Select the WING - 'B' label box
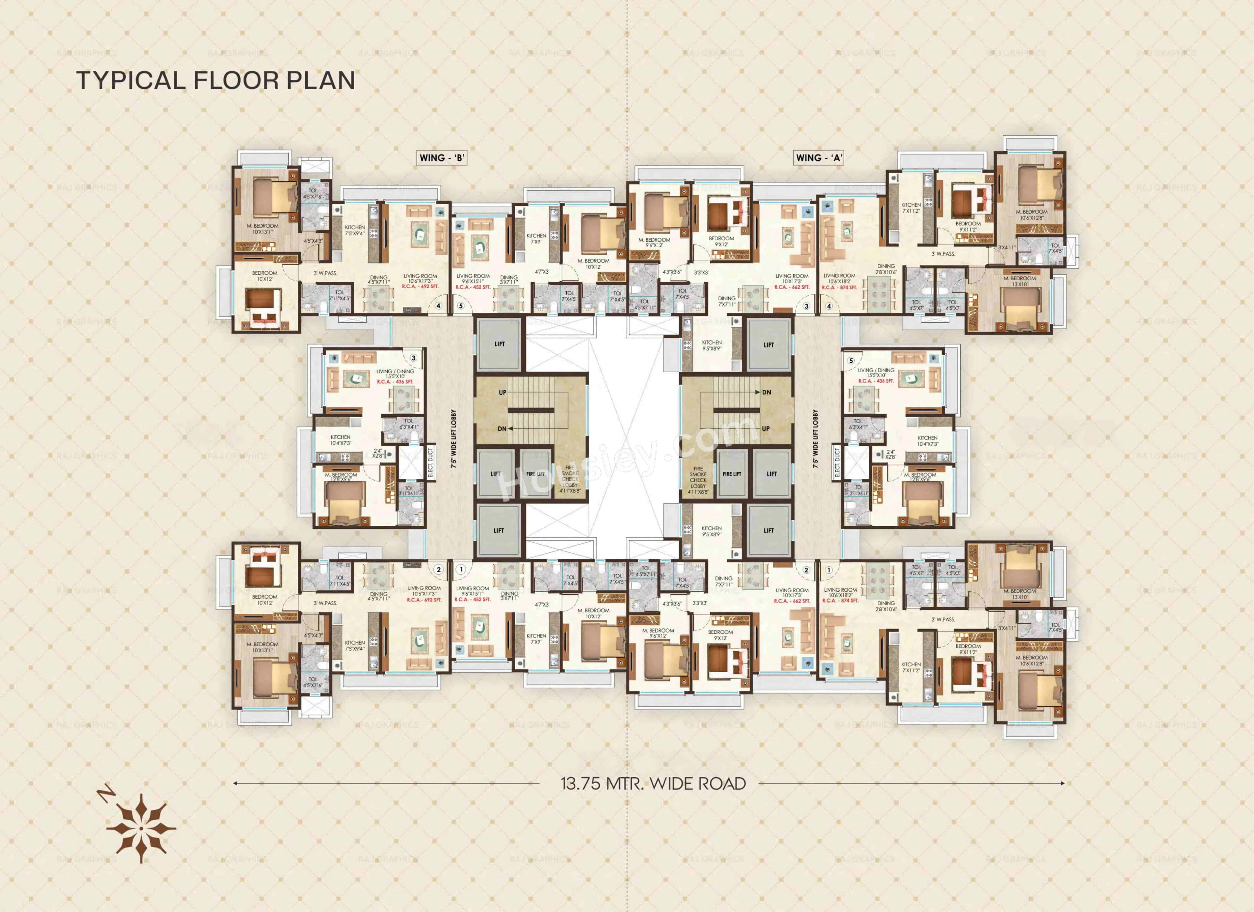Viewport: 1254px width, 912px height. coord(441,158)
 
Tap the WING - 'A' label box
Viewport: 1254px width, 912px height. coord(819,158)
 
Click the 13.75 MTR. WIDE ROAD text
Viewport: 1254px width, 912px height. coord(653,784)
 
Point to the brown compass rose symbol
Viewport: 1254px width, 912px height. coord(141,828)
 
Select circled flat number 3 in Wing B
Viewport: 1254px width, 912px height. coord(413,358)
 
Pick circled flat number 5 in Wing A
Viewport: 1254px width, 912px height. coord(851,361)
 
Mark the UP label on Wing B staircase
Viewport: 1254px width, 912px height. coord(503,392)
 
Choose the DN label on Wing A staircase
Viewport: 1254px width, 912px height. coord(766,392)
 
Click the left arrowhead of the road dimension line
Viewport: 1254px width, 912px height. coord(235,783)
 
